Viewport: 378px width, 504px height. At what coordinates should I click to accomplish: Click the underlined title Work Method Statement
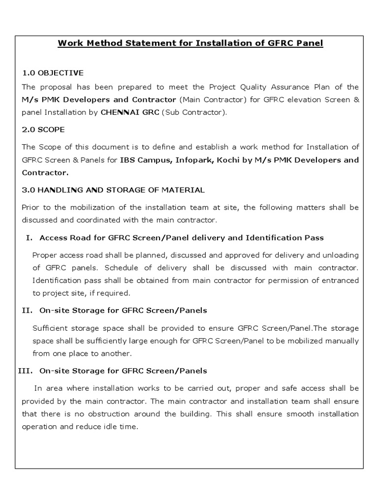190,43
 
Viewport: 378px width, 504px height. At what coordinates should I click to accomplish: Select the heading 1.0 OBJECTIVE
53,73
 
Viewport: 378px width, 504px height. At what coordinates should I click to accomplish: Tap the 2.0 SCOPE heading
43,129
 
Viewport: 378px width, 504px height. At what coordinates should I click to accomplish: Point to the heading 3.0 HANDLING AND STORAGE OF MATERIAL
113,190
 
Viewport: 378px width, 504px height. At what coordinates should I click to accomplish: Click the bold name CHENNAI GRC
129,112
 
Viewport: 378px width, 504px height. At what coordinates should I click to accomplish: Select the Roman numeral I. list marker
29,238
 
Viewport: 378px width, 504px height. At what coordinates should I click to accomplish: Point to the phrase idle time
121,427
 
